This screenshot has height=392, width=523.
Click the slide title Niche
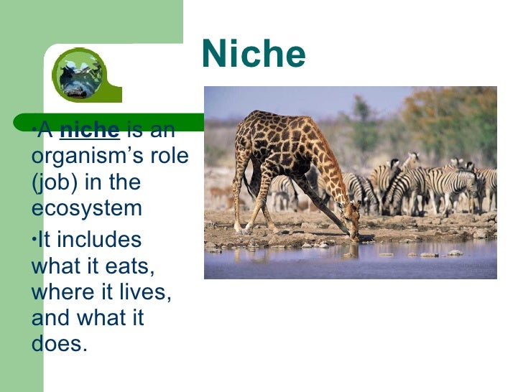click(x=254, y=55)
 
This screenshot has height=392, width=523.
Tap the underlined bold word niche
click(x=89, y=131)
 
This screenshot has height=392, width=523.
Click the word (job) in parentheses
click(x=55, y=183)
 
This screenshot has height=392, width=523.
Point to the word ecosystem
click(x=87, y=209)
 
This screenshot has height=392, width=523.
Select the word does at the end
click(x=58, y=343)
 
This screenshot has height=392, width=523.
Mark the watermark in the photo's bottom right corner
click(x=477, y=268)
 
